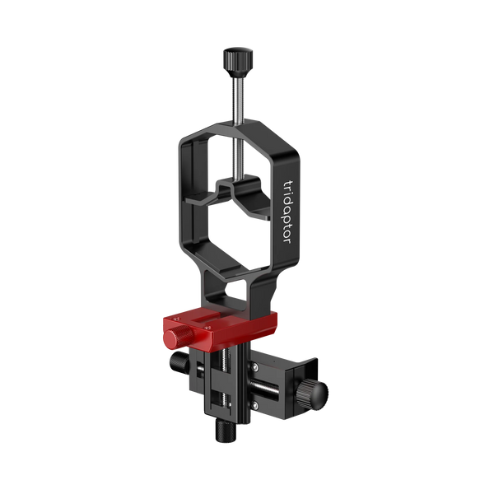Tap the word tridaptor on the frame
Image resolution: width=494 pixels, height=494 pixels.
[x=287, y=212]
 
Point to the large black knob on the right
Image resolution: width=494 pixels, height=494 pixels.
[x=311, y=394]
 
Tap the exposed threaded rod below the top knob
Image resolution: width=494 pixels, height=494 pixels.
[x=237, y=100]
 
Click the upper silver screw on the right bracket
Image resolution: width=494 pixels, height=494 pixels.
[x=255, y=366]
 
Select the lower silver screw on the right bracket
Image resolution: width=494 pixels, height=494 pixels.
[x=255, y=404]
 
